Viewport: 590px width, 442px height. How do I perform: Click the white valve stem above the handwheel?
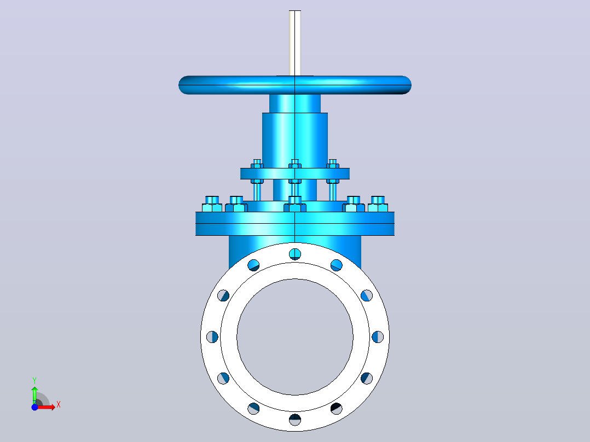point(295,43)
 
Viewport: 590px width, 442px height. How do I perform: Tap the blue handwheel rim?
point(295,85)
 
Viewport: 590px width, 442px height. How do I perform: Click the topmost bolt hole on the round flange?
point(295,254)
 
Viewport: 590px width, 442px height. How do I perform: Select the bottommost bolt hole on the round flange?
point(295,420)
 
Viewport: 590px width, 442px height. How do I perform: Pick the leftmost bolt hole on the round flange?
point(212,336)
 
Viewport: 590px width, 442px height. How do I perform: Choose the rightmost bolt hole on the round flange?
point(378,336)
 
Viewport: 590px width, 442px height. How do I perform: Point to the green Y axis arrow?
point(34,395)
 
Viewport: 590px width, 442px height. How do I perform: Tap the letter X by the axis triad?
point(59,405)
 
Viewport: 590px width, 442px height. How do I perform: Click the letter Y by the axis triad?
point(34,381)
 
